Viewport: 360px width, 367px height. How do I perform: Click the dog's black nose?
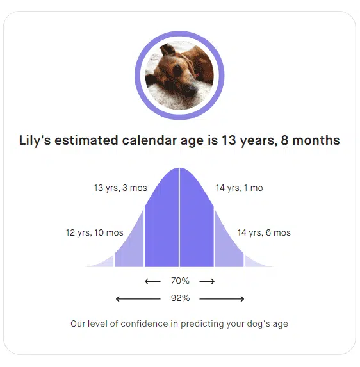192,88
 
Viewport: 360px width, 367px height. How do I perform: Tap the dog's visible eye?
177,70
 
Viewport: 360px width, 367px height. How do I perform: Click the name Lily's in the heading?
35,141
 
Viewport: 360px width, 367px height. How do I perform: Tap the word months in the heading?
316,140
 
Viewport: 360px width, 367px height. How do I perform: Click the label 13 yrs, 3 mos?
120,188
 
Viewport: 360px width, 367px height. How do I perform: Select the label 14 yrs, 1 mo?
239,188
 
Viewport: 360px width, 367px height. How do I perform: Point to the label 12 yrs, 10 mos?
95,233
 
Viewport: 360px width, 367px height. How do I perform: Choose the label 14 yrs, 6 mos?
264,233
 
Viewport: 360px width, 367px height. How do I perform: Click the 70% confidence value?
180,281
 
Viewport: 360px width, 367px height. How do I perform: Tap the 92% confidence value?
180,298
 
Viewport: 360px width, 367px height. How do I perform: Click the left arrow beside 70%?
152,281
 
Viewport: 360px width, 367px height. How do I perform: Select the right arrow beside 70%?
207,281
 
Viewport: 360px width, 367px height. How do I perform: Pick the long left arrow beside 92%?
138,299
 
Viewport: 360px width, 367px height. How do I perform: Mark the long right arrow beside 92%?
222,299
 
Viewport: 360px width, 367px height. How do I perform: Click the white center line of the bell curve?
179,217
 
